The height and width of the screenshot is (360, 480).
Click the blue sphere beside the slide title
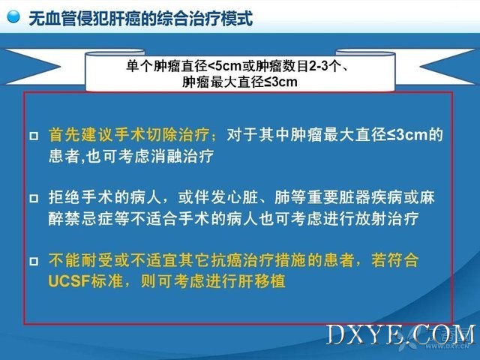pyautogui.click(x=13, y=16)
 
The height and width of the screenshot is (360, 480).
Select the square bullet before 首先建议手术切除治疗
pyautogui.click(x=34, y=136)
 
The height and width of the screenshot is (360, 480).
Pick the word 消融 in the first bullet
pyautogui.click(x=166, y=157)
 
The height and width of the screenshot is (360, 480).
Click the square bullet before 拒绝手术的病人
pyautogui.click(x=34, y=198)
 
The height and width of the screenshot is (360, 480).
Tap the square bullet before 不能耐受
pyautogui.click(x=34, y=261)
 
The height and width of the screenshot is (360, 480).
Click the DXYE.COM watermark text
pyautogui.click(x=401, y=335)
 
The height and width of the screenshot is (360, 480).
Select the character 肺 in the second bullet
pyautogui.click(x=282, y=197)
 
